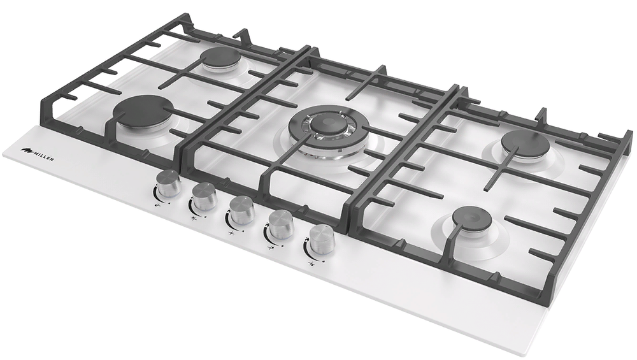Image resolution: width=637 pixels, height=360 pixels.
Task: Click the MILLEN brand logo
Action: coord(38,151)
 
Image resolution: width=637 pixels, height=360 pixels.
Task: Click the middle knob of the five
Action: coord(242,209)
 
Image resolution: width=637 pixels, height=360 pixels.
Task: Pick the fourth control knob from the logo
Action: coord(280,223)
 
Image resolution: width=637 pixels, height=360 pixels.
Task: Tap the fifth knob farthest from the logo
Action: coord(322,239)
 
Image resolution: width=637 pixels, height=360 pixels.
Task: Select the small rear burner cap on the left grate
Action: coord(222,57)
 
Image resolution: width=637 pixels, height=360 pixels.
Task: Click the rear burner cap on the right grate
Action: coord(525,143)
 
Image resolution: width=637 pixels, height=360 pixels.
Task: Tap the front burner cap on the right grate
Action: coord(472,219)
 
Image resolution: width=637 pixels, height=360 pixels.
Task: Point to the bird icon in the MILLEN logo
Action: coord(27,150)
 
